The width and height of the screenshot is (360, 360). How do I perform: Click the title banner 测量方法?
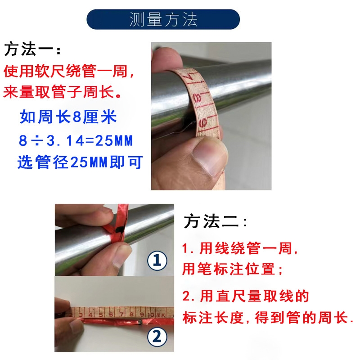[x=163, y=20]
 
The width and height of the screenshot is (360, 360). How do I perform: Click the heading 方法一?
[x=31, y=49]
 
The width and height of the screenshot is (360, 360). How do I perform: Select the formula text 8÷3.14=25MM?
[x=76, y=141]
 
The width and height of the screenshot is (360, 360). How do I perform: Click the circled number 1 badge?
[x=157, y=261]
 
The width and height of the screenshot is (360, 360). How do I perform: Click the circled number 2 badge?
[x=157, y=336]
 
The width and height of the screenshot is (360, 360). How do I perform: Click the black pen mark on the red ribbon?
[x=118, y=230]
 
